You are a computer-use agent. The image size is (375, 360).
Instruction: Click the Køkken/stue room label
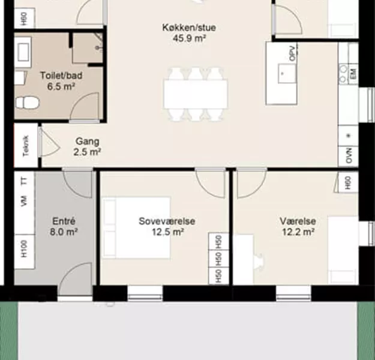pyautogui.click(x=189, y=28)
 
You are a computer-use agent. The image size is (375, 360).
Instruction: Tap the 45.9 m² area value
pyautogui.click(x=190, y=38)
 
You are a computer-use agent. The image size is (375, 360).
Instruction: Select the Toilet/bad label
pyautogui.click(x=61, y=76)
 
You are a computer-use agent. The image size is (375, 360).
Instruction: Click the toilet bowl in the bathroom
pyautogui.click(x=27, y=103)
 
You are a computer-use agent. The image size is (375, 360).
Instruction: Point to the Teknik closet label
pyautogui.click(x=26, y=146)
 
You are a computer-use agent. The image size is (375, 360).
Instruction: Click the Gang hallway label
pyautogui.click(x=87, y=141)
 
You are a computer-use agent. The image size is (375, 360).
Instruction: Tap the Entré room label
pyautogui.click(x=64, y=221)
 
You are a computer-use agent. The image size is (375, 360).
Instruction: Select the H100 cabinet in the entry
pyautogui.click(x=25, y=251)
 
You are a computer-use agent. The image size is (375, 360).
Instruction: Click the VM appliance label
pyautogui.click(x=24, y=201)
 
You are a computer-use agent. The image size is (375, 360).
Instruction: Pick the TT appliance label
pyautogui.click(x=24, y=181)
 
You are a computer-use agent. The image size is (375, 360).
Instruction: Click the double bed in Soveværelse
pyautogui.click(x=136, y=228)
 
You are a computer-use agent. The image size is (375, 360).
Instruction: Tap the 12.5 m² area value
pyautogui.click(x=168, y=232)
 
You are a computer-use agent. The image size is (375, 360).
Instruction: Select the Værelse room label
pyautogui.click(x=298, y=221)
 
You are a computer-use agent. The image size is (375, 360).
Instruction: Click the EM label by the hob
pyautogui.click(x=353, y=74)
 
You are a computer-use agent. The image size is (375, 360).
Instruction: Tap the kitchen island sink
pyautogui.click(x=287, y=74)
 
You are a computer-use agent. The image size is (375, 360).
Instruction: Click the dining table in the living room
pyautogui.click(x=196, y=94)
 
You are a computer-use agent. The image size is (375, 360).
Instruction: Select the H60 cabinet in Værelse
pyautogui.click(x=348, y=182)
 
